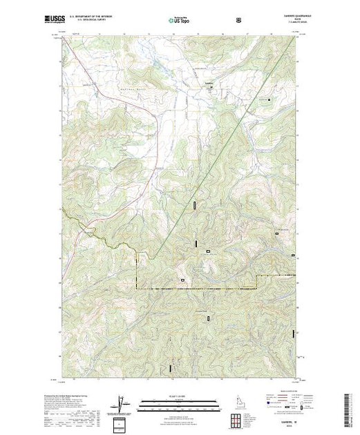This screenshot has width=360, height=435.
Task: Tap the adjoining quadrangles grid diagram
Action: [239, 420]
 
